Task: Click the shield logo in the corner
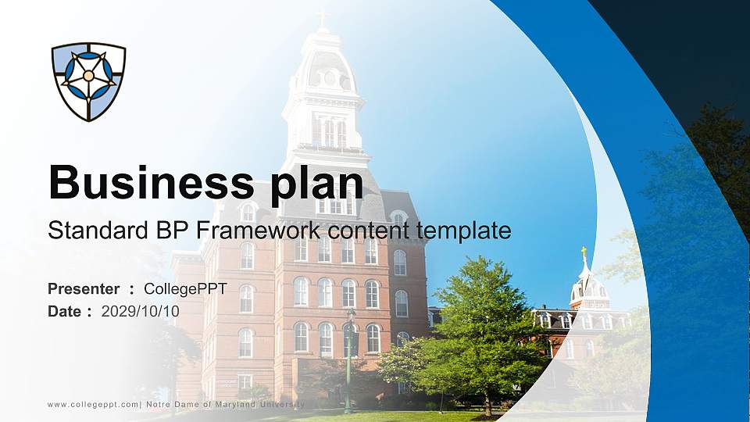pos(88,81)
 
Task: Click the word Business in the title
pos(149,183)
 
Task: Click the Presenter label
pos(84,289)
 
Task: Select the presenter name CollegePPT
pos(185,289)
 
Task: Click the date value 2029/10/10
pos(141,311)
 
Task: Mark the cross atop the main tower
pos(321,18)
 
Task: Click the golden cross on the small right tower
pos(583,253)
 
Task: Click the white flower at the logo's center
pos(88,76)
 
